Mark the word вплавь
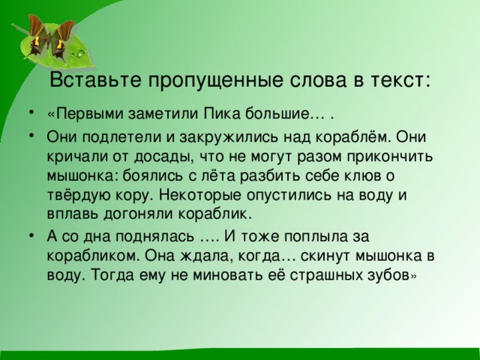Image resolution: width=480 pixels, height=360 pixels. tap(68, 213)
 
